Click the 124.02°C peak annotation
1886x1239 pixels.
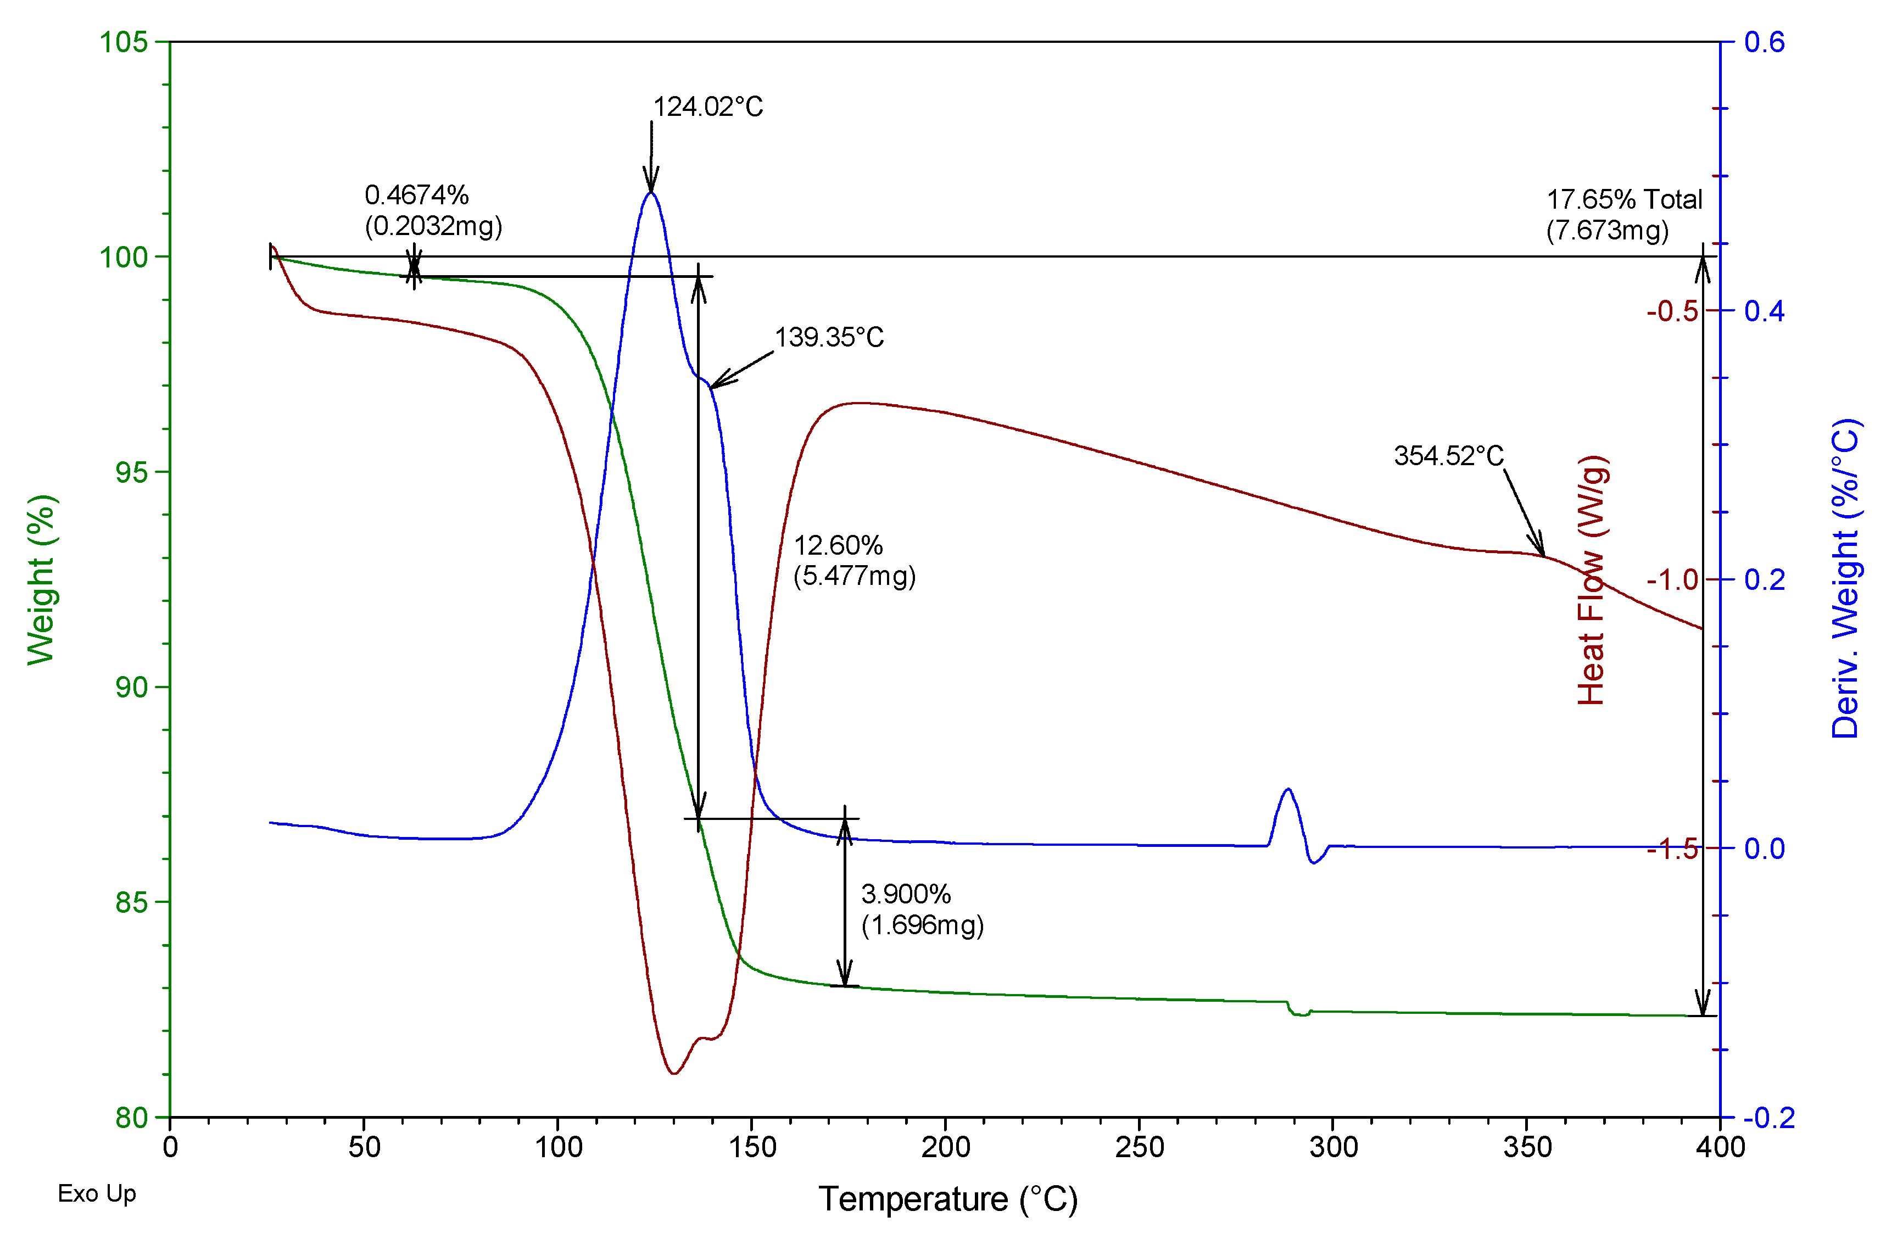707,107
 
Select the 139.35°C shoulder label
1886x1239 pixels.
829,337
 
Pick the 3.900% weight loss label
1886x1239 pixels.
906,895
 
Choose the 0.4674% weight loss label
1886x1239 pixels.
417,195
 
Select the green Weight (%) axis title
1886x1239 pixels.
41,580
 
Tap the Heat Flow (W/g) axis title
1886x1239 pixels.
1591,580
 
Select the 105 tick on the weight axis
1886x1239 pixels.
123,41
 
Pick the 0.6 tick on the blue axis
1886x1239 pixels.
1765,42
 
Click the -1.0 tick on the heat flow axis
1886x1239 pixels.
1672,580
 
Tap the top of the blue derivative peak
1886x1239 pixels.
651,193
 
